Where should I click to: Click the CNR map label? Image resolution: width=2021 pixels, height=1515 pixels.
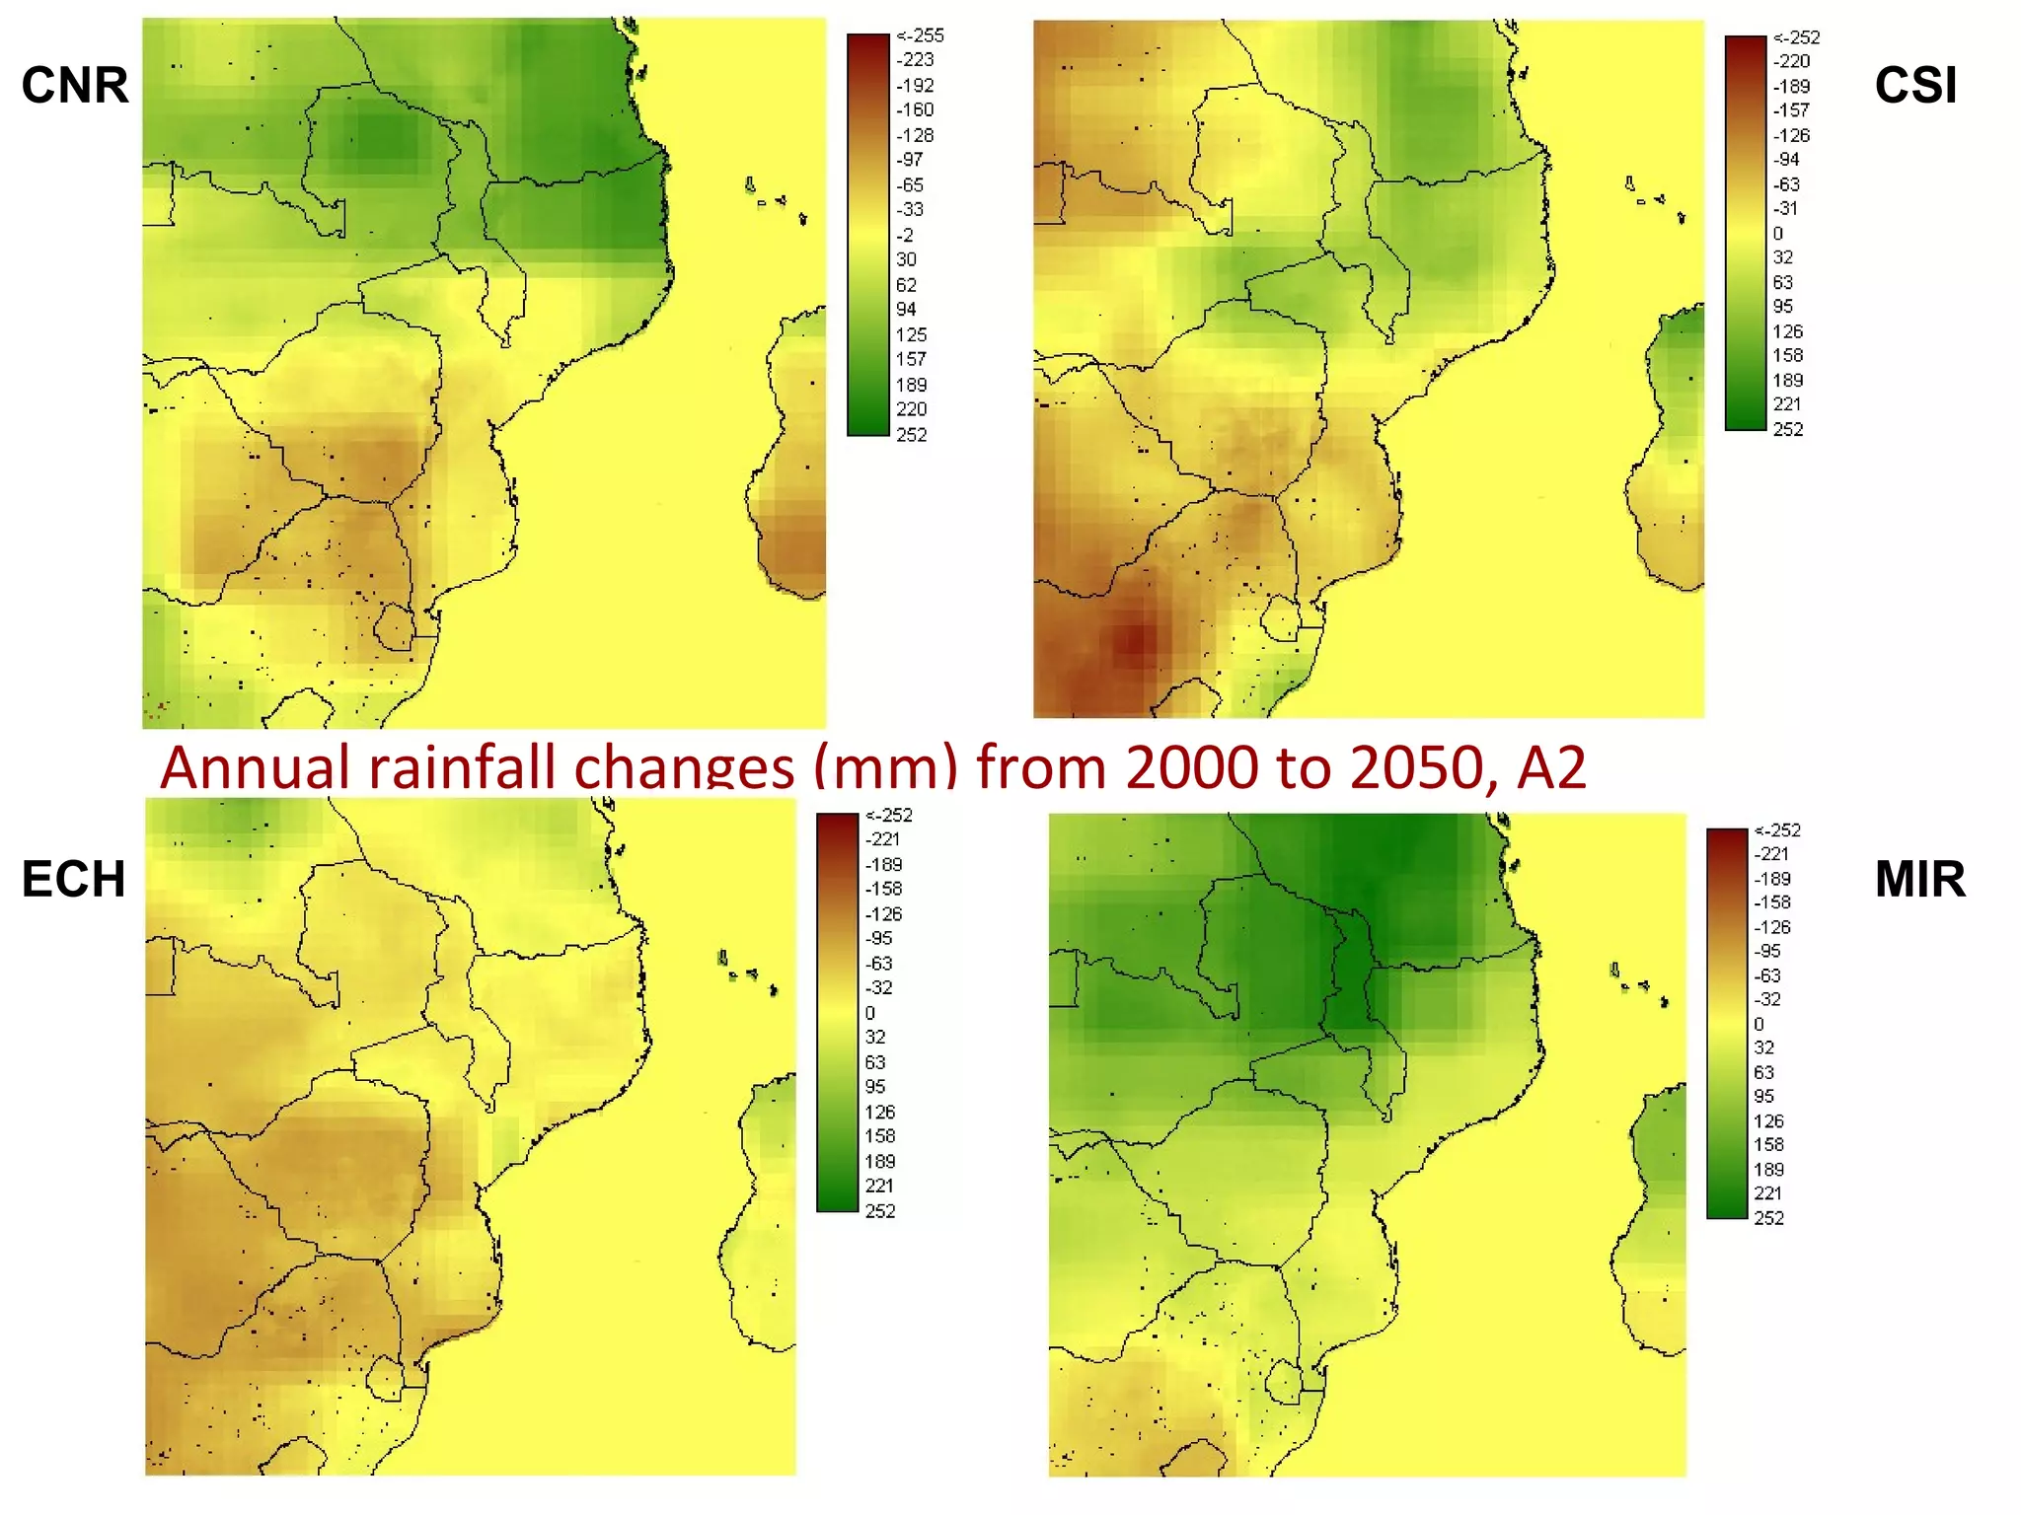[x=75, y=85]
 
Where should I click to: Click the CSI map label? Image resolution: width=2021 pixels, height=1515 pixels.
[x=1915, y=85]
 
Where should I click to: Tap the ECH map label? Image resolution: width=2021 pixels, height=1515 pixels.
[x=74, y=879]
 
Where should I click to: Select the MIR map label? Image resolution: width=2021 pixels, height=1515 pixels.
[x=1919, y=879]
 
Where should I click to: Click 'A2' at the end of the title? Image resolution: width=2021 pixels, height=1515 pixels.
[x=1550, y=766]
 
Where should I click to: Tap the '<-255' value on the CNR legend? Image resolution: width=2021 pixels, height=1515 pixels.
[x=919, y=36]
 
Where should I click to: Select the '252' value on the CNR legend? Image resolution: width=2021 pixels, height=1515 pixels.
[x=911, y=434]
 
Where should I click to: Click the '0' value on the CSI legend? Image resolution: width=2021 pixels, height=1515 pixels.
[x=1777, y=234]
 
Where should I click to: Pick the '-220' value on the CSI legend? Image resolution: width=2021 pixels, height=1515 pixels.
[x=1791, y=61]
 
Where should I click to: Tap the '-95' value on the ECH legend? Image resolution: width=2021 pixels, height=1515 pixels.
[x=878, y=938]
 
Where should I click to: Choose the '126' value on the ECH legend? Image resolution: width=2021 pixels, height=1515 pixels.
[x=879, y=1112]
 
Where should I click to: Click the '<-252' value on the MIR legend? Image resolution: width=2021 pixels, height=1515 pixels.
[x=1776, y=830]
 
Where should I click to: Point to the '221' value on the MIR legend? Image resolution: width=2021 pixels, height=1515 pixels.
[x=1768, y=1193]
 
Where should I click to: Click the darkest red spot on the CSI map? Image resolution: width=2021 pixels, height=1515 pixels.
[x=1136, y=642]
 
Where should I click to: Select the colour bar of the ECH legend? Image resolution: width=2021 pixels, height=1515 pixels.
[x=837, y=1012]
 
